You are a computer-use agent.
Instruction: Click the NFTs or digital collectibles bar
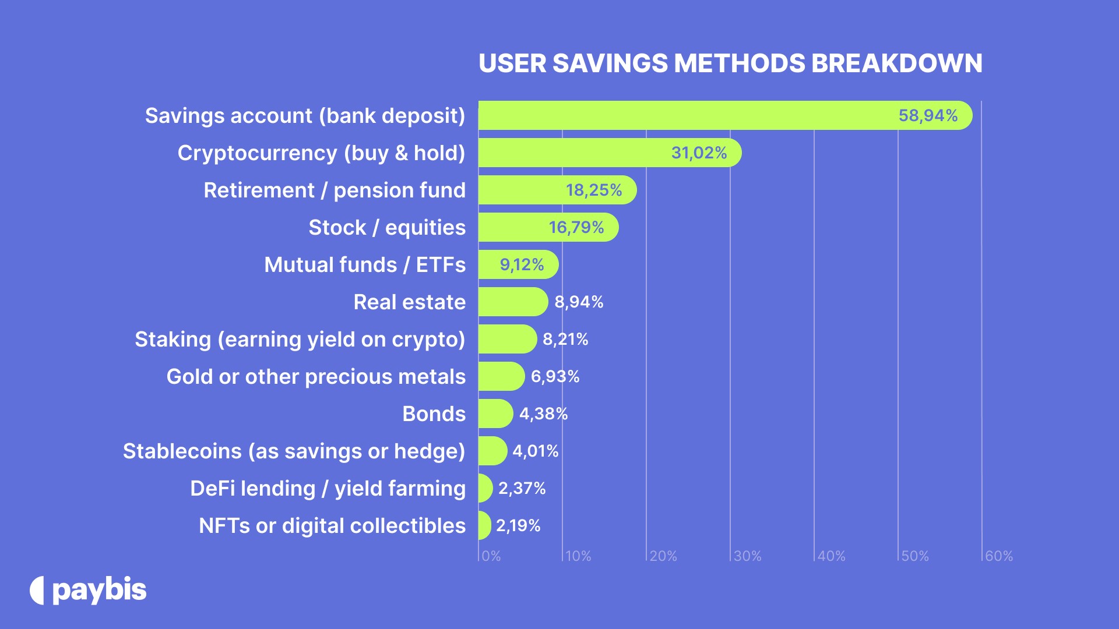click(x=484, y=525)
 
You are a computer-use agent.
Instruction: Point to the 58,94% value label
click(x=928, y=115)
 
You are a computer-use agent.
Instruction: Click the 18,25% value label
click(x=594, y=190)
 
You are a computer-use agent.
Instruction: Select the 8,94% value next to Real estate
click(x=579, y=302)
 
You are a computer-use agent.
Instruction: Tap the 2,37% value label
click(x=522, y=488)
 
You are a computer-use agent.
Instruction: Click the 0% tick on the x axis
click(x=491, y=556)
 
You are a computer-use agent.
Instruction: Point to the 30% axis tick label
click(x=747, y=556)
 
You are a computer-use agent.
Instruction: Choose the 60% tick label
click(x=999, y=556)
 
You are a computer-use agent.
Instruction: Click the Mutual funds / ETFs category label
click(x=365, y=264)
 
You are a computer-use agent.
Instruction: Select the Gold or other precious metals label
click(x=316, y=376)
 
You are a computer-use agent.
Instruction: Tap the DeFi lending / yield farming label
click(x=328, y=488)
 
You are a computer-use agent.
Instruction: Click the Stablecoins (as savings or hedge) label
click(x=294, y=451)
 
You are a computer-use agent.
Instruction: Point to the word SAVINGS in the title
click(x=610, y=63)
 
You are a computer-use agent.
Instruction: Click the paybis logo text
click(x=99, y=591)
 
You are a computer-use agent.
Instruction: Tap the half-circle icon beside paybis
click(x=37, y=591)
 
